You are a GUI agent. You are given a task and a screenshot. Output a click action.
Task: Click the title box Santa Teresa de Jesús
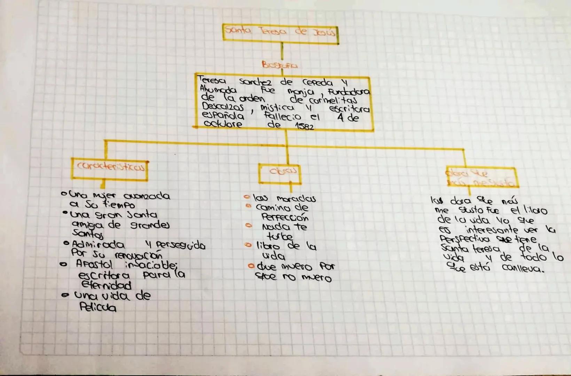[x=280, y=33]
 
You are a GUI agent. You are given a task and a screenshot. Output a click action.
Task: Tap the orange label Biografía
[x=280, y=65]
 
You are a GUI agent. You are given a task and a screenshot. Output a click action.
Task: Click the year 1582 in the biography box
[x=305, y=126]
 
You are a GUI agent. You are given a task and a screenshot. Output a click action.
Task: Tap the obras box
[x=280, y=173]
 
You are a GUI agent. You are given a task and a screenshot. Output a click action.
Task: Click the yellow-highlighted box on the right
[x=481, y=177]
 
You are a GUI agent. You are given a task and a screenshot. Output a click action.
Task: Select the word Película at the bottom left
[x=98, y=307]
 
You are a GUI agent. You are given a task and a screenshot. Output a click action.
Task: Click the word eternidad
[x=106, y=285]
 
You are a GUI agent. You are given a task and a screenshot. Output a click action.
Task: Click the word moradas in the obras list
[x=296, y=199]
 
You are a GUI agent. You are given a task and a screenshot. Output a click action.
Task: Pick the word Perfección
[x=285, y=218]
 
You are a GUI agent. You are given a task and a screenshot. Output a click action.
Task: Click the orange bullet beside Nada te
[x=248, y=226]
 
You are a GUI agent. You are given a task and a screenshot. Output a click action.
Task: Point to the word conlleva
[x=522, y=268]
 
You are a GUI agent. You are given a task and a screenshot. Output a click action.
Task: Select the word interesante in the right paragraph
[x=492, y=230]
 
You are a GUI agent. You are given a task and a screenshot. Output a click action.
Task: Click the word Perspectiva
[x=464, y=239]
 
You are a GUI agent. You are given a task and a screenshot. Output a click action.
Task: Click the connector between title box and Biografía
[x=282, y=51]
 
